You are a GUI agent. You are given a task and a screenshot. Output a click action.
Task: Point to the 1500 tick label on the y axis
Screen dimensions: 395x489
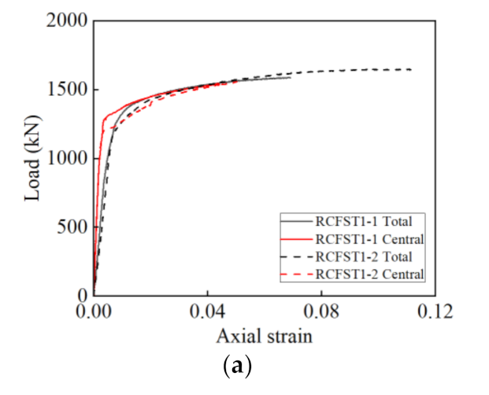pos(66,90)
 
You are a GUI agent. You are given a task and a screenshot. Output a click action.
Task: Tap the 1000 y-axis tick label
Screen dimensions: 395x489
pos(66,158)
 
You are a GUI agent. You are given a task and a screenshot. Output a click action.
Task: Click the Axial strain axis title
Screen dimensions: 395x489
pos(264,337)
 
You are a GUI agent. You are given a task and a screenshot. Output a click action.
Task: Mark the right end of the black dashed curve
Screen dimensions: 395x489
pos(411,69)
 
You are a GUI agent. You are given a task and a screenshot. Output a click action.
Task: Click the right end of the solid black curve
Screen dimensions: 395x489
pos(290,77)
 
